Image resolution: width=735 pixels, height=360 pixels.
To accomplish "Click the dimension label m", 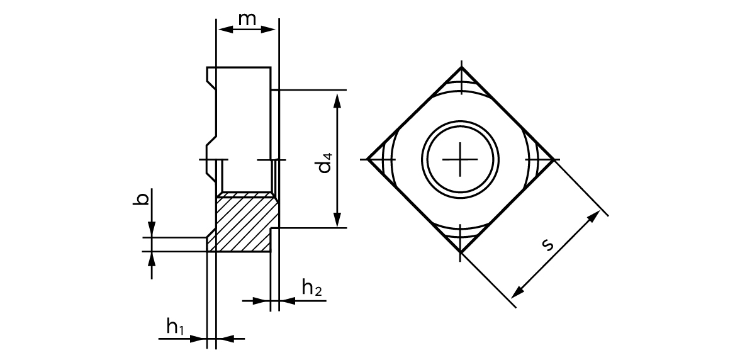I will (247, 19).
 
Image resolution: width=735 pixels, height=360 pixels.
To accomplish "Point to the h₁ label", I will (175, 326).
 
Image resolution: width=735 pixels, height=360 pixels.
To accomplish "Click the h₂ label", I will (311, 288).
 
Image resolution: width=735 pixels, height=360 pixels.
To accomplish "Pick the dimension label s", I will (548, 244).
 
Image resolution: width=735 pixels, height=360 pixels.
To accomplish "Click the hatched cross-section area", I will (242, 223).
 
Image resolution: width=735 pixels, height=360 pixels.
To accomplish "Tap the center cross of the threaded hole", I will (461, 159).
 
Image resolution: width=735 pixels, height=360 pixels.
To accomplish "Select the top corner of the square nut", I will (461, 67).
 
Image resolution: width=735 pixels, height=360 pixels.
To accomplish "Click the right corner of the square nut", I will (554, 159).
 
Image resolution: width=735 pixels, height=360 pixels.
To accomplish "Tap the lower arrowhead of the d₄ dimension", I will (339, 220).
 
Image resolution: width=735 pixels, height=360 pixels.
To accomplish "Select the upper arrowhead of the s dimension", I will (595, 216).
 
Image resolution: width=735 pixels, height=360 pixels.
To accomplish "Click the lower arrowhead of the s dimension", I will (516, 293).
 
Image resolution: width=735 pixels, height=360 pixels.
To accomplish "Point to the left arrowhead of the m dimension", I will (222, 29).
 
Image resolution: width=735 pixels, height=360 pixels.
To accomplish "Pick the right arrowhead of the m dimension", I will (272, 29).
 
